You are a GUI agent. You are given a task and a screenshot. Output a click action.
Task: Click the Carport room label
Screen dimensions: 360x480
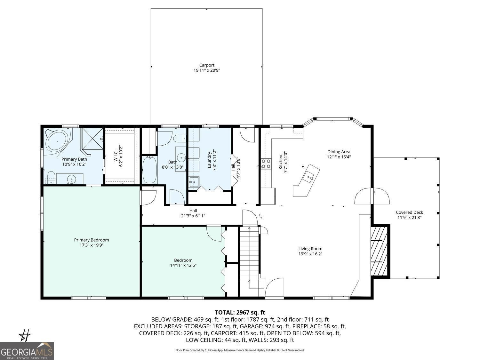pos(207,65)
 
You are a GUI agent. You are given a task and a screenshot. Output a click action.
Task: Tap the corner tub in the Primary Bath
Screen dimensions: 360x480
pos(57,141)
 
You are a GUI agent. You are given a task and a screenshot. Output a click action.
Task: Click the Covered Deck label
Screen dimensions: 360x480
pos(409,212)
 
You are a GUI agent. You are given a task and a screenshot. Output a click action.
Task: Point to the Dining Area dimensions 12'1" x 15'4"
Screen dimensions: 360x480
pos(339,157)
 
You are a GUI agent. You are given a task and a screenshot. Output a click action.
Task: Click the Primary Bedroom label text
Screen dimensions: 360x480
pos(92,240)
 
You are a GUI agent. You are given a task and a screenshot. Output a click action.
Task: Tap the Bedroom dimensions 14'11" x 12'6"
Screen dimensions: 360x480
pos(183,265)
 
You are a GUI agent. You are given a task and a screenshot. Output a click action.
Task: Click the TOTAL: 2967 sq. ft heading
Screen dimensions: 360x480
pos(240,313)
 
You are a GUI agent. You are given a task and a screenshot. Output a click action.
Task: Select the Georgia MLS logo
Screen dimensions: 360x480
pos(27,351)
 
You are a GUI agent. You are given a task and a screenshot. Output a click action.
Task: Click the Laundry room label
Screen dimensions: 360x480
pos(210,160)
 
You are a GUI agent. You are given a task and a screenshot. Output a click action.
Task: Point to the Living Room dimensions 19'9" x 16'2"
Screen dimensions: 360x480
pos(310,254)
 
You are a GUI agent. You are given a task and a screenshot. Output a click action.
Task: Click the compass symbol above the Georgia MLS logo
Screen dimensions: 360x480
pos(25,335)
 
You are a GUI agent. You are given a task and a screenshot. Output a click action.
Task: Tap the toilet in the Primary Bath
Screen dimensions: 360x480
pos(51,177)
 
